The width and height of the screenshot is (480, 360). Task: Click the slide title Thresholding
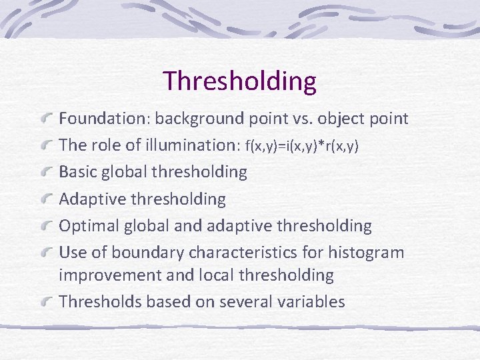(239, 81)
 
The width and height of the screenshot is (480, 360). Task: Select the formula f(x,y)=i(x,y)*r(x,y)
(302, 146)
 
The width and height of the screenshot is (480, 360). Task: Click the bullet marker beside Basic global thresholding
(47, 172)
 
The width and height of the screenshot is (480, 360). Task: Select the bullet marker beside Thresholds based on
(47, 302)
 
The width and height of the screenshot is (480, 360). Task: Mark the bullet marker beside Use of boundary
(47, 253)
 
